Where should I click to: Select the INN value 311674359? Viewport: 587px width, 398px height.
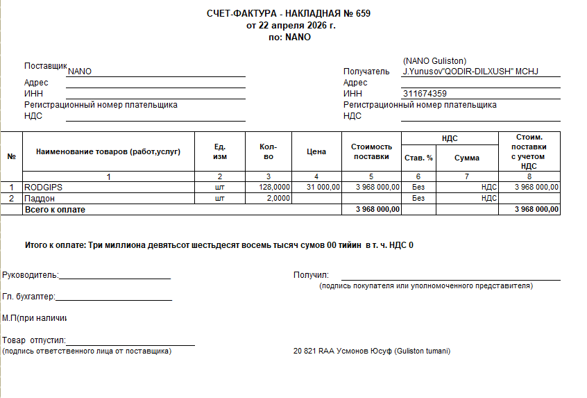click(x=424, y=94)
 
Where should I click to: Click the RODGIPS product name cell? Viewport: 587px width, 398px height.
click(x=43, y=187)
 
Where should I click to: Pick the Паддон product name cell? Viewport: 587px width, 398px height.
click(x=40, y=198)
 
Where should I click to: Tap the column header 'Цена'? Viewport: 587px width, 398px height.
click(x=316, y=152)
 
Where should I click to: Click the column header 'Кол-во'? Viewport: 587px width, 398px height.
click(x=268, y=152)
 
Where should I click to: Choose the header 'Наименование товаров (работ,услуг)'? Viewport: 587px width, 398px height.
click(x=108, y=152)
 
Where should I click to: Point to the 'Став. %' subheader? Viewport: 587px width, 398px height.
click(x=418, y=158)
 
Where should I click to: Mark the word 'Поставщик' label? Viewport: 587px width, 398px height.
click(x=46, y=66)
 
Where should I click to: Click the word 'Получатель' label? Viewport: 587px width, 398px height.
click(x=367, y=72)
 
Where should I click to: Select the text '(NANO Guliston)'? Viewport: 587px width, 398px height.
click(x=434, y=61)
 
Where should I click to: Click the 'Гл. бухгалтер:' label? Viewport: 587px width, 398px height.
click(x=28, y=297)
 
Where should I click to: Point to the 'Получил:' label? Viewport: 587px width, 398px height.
click(x=311, y=275)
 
